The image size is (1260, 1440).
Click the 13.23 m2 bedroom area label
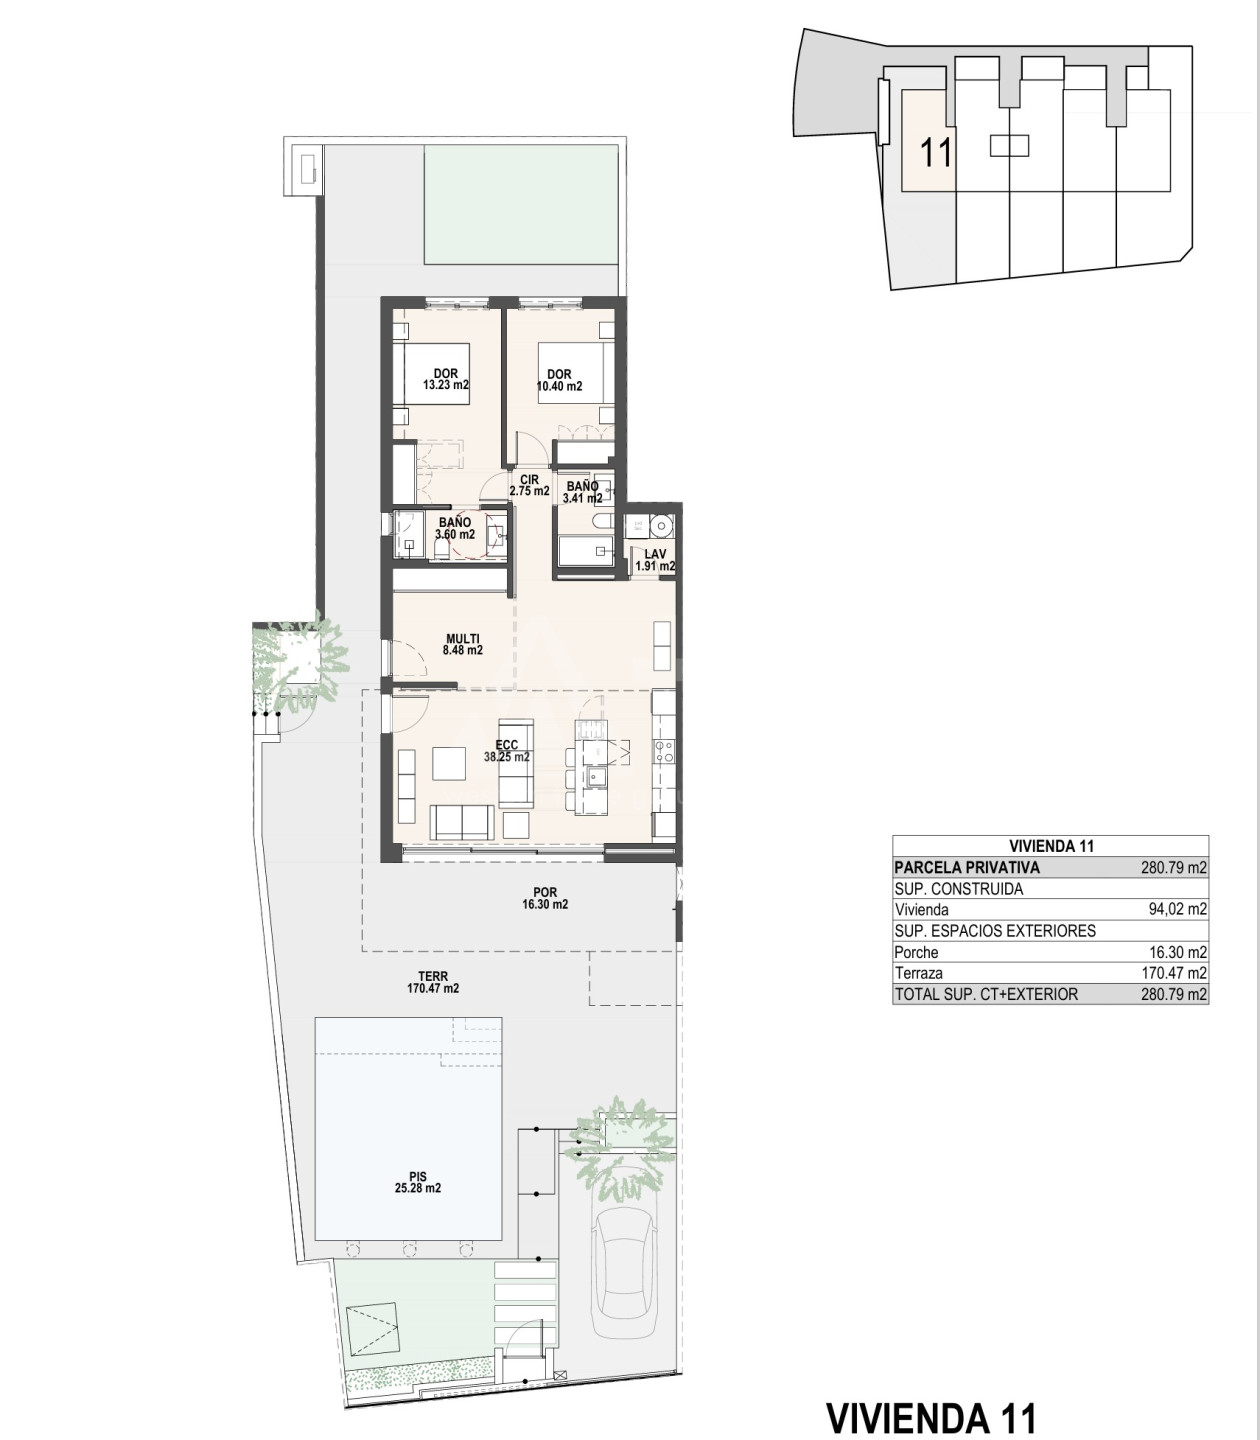446,380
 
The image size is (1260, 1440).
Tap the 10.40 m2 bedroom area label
560,380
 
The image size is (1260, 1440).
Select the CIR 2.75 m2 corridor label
529,486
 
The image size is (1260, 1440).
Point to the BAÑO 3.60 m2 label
455,529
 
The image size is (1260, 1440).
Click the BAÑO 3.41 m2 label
582,492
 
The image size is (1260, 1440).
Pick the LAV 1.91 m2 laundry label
655,560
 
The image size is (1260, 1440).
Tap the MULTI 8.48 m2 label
462,645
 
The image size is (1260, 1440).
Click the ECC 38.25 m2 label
507,751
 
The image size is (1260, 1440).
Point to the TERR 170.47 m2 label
433,982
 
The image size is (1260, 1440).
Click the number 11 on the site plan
936,152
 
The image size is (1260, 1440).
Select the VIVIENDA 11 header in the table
1052,846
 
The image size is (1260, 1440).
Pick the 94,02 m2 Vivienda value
1178,909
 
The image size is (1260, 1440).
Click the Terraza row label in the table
919,973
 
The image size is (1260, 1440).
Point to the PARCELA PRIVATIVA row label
966,867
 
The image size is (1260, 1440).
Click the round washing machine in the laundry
661,525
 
